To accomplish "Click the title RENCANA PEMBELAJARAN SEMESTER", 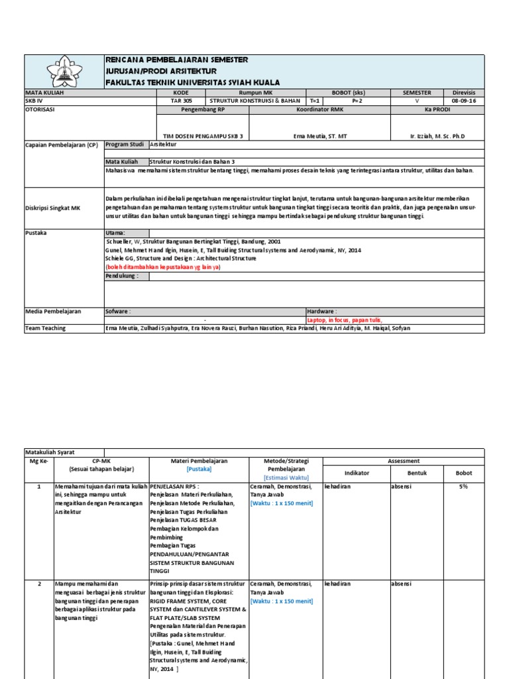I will (x=177, y=60).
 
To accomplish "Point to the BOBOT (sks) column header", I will (x=349, y=93).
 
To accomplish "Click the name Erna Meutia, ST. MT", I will (x=319, y=136).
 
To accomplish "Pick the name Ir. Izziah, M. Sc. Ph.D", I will (x=437, y=136).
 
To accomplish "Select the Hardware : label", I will (x=322, y=310).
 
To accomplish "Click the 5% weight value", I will (x=463, y=486).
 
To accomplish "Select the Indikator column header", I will (x=357, y=473).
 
